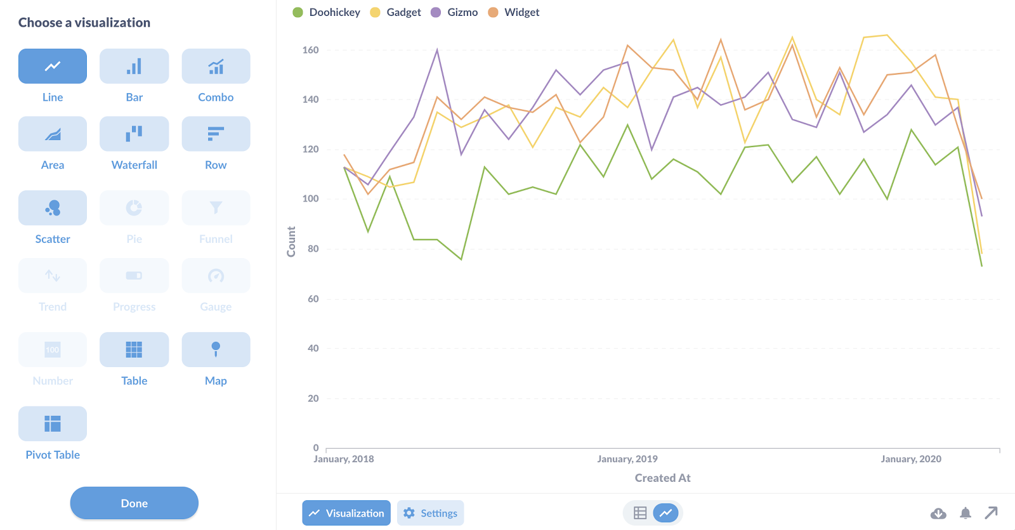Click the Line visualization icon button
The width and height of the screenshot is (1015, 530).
[53, 66]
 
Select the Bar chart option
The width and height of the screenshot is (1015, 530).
[134, 66]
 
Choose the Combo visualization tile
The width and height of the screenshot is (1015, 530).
[216, 66]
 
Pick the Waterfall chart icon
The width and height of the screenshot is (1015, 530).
[134, 134]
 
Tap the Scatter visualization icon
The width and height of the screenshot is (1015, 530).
[53, 208]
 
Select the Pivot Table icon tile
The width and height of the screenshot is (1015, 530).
[53, 423]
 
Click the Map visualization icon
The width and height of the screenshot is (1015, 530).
[216, 349]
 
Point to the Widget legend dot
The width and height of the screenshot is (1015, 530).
[493, 12]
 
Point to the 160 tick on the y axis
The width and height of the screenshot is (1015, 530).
[310, 50]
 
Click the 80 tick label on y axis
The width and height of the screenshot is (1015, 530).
[313, 249]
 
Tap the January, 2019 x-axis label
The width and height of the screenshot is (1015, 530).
[627, 459]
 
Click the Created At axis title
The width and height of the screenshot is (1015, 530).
[662, 478]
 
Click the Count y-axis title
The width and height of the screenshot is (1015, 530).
[291, 242]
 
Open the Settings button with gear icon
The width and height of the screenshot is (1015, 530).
[431, 513]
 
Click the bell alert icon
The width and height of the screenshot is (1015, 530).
[966, 513]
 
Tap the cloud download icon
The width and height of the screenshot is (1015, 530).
[938, 513]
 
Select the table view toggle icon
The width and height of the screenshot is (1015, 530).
[640, 513]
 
